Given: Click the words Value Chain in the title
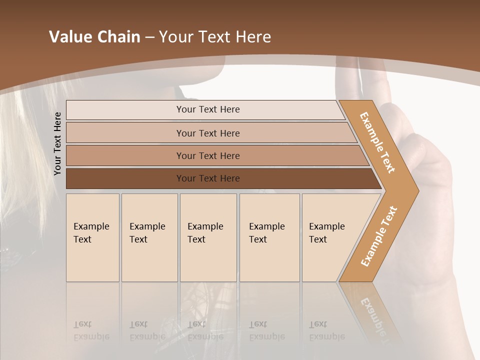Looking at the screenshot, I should pyautogui.click(x=94, y=36).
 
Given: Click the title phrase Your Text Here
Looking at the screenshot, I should pyautogui.click(x=215, y=36).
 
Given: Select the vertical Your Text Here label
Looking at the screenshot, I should pyautogui.click(x=57, y=143).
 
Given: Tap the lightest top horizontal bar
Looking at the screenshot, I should pyautogui.click(x=207, y=109).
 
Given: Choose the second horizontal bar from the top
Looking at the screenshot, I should pyautogui.click(x=207, y=133).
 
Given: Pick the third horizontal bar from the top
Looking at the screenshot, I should pyautogui.click(x=207, y=155).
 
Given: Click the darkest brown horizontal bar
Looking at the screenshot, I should pyautogui.click(x=207, y=178).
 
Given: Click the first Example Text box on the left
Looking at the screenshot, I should pyautogui.click(x=92, y=237).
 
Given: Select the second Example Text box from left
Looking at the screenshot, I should pyautogui.click(x=149, y=237).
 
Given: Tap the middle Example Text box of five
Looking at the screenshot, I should pyautogui.click(x=208, y=237).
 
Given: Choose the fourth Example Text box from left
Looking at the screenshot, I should pyautogui.click(x=269, y=237).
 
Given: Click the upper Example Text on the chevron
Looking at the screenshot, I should pyautogui.click(x=377, y=142).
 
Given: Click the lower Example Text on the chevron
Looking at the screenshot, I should pyautogui.click(x=379, y=236).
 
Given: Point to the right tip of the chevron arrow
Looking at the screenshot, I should pyautogui.click(x=417, y=190).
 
